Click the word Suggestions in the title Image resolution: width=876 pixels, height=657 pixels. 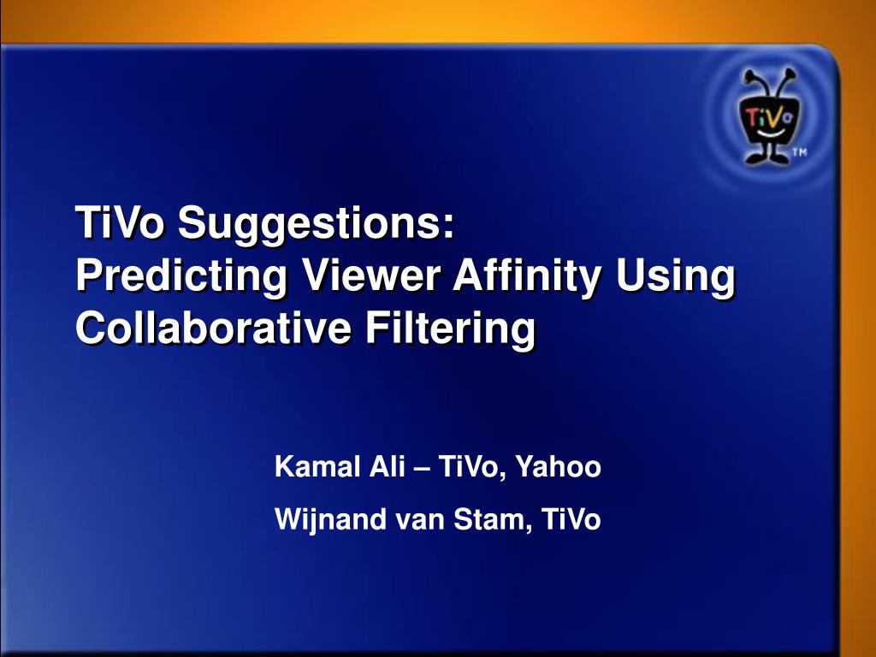point(317,223)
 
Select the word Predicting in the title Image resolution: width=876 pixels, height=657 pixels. point(181,276)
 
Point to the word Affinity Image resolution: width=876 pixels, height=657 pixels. point(527,276)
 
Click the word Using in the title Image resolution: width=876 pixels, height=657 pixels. point(676,276)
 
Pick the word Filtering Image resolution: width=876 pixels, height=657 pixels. point(451,328)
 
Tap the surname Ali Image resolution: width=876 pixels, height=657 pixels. point(387,466)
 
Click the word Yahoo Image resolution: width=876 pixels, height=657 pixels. point(558,466)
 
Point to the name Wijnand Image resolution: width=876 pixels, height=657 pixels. point(331,519)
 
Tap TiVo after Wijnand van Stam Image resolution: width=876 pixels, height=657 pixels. point(571,518)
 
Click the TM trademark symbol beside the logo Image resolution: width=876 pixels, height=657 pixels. point(800,152)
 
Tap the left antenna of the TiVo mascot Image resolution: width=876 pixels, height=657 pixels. point(751,82)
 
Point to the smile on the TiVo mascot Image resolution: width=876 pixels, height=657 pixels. point(768,133)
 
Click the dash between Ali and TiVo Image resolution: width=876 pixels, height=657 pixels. point(421,468)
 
